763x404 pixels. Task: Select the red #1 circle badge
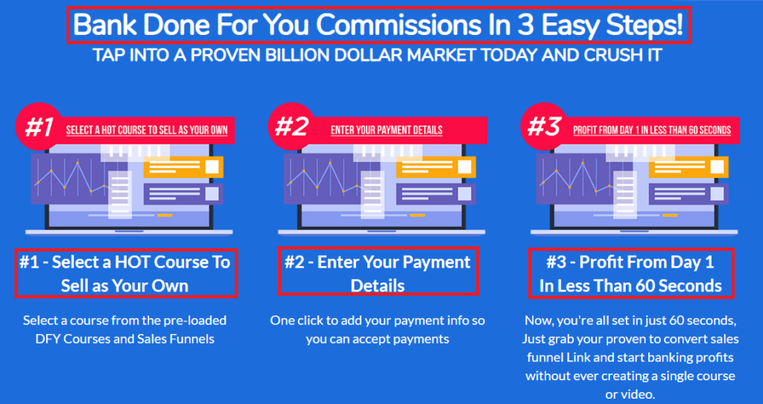tap(39, 127)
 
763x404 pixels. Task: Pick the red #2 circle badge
tap(291, 127)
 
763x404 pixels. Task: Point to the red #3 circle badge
tap(543, 127)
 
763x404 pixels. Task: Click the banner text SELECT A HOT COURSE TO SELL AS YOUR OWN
tap(147, 130)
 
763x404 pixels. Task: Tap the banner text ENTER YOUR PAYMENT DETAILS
tap(387, 130)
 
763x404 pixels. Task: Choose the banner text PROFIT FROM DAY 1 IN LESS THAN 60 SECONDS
tap(651, 130)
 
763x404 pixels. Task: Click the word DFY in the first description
tap(46, 338)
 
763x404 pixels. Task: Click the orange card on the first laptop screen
tap(183, 167)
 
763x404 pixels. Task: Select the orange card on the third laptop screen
tap(688, 167)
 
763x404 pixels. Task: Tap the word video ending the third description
tap(636, 394)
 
